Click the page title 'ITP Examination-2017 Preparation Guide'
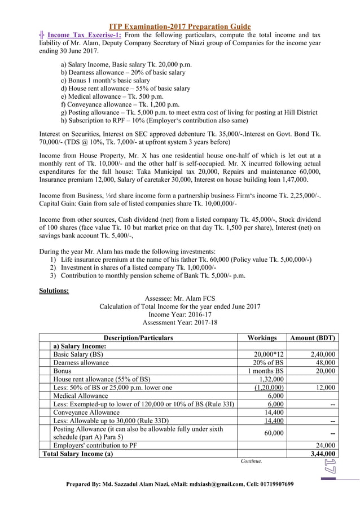179,27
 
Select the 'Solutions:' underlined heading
54,291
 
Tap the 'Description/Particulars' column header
138,338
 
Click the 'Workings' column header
262,338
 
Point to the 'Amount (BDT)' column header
312,338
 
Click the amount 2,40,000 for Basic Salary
323,354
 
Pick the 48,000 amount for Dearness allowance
326,363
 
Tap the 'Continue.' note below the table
251,461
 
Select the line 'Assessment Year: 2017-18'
179,323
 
